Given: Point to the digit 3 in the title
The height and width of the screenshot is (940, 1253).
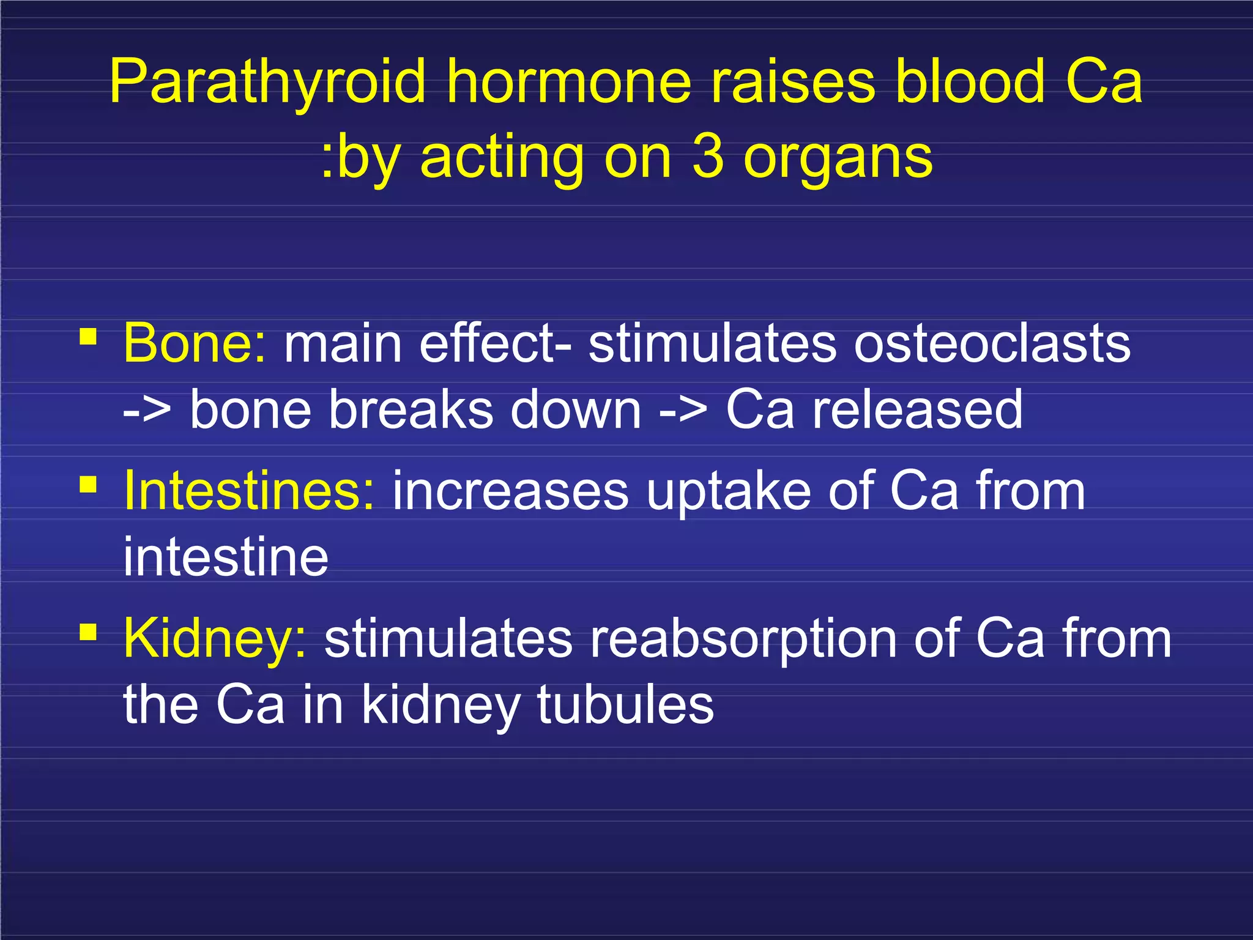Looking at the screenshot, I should [708, 157].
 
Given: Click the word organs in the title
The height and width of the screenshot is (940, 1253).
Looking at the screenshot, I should [838, 160].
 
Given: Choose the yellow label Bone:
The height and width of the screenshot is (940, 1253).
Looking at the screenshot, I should [195, 343].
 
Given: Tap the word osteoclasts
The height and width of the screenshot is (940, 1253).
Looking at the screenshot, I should [992, 343].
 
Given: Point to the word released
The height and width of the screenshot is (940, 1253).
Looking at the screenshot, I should [917, 409].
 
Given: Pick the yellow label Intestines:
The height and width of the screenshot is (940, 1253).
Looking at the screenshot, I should [248, 491].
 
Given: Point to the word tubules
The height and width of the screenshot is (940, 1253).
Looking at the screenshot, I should [625, 704].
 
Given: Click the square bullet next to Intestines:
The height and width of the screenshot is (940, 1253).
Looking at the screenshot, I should [88, 485].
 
